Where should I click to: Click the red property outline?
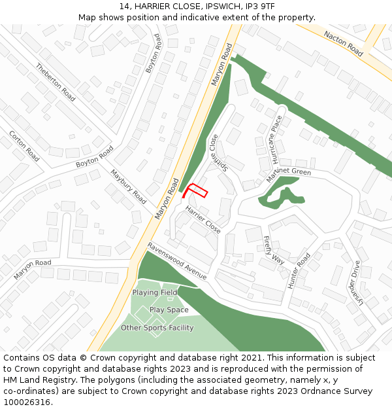pos(196,190)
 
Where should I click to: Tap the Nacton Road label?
pos(344,44)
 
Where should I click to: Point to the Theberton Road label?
pos(56,82)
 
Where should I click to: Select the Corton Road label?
pos(24,145)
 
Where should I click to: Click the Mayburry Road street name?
pos(128,187)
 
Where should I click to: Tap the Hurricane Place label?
pos(277,139)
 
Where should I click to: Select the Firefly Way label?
pos(274,249)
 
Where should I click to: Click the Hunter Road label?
pos(300,270)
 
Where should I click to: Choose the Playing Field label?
pos(155,293)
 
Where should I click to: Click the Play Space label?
pos(169,310)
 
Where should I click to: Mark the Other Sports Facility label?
pos(157,328)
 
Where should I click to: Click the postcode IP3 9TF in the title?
pos(267,6)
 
